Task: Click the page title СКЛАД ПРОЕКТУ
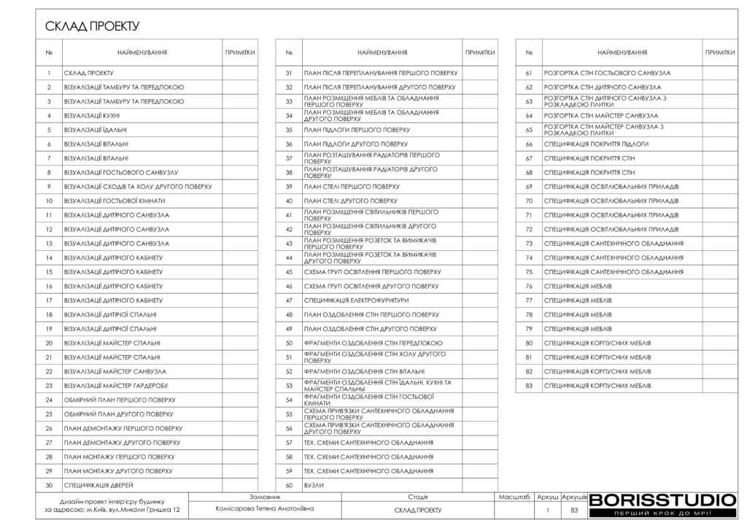pos(92,27)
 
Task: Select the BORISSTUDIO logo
pos(662,500)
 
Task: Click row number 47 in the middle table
pos(289,300)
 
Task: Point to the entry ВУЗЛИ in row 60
pos(314,485)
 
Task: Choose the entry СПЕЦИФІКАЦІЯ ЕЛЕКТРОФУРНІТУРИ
pos(356,300)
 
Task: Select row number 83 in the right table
pos(529,385)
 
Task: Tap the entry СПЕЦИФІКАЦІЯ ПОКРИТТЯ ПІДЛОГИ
pos(596,144)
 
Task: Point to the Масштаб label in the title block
pos(514,497)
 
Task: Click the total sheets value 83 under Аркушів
pos(574,510)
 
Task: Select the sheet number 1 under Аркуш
pos(547,510)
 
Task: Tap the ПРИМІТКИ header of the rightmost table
pos(719,53)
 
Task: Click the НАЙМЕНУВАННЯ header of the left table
pos(142,53)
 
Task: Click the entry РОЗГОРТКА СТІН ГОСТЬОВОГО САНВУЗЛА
pos(607,73)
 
